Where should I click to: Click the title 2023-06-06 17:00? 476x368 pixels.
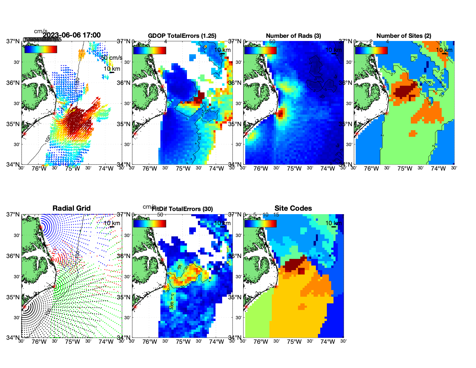pyautogui.click(x=72, y=35)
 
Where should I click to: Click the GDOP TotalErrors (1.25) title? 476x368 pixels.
pyautogui.click(x=182, y=36)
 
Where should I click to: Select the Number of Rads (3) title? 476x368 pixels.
pyautogui.click(x=293, y=36)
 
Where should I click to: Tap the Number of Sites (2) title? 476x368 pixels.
pyautogui.click(x=404, y=36)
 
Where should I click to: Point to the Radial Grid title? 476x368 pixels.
pyautogui.click(x=72, y=208)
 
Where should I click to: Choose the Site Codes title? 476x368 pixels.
pyautogui.click(x=293, y=208)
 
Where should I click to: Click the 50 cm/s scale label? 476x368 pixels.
pyautogui.click(x=111, y=58)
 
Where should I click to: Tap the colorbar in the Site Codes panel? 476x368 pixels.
pyautogui.click(x=260, y=224)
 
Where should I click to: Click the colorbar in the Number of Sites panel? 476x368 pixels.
pyautogui.click(x=371, y=50)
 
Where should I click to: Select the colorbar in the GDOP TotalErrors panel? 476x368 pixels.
pyautogui.click(x=149, y=50)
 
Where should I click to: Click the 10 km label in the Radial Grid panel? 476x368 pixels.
pyautogui.click(x=112, y=223)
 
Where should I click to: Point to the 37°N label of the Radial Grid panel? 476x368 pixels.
pyautogui.click(x=13, y=214)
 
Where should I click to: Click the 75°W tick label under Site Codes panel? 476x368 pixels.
pyautogui.click(x=294, y=342)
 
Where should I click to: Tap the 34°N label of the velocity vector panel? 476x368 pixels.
pyautogui.click(x=13, y=165)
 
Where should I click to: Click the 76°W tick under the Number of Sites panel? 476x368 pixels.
pyautogui.click(x=371, y=169)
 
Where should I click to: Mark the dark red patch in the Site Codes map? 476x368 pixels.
pyautogui.click(x=294, y=264)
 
